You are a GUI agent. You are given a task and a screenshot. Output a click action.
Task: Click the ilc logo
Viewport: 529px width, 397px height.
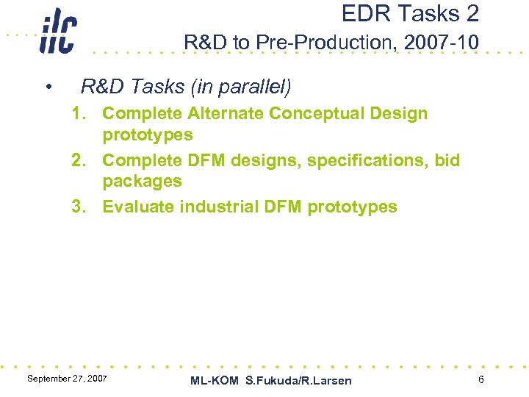tap(57, 33)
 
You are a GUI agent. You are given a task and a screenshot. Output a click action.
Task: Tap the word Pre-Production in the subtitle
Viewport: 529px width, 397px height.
tap(325, 43)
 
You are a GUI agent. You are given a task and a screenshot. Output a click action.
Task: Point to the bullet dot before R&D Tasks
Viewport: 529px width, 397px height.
tap(48, 88)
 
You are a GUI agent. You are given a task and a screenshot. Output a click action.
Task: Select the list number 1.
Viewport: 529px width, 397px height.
tap(78, 114)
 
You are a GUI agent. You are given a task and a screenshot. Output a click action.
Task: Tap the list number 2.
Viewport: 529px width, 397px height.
tap(78, 160)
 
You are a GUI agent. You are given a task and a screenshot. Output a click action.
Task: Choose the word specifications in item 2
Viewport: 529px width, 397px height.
tap(364, 160)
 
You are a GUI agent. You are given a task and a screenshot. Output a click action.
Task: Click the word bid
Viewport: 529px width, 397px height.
tap(445, 160)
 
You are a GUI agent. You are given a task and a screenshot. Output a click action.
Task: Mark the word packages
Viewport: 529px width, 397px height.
tap(142, 181)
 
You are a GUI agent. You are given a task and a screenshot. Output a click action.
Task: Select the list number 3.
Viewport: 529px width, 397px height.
tap(78, 207)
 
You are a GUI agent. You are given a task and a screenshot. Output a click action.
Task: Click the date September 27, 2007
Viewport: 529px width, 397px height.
tap(67, 378)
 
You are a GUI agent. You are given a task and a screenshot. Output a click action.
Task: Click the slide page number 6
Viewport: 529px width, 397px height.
tap(481, 379)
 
